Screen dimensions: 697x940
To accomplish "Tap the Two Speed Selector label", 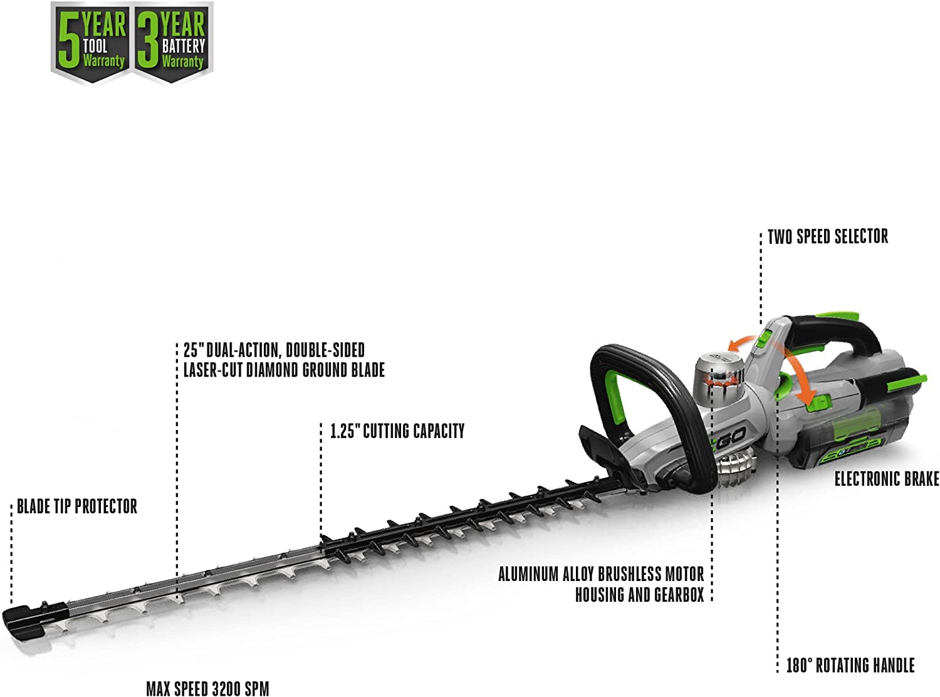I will coord(827,237).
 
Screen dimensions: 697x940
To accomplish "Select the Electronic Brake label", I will coord(886,480).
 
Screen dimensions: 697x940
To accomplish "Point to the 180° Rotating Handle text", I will coord(850,666).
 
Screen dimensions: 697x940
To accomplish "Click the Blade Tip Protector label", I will coord(76,506).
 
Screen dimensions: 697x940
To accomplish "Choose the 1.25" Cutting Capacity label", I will coord(397,431).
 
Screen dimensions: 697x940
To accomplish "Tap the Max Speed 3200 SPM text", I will coord(207,688).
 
